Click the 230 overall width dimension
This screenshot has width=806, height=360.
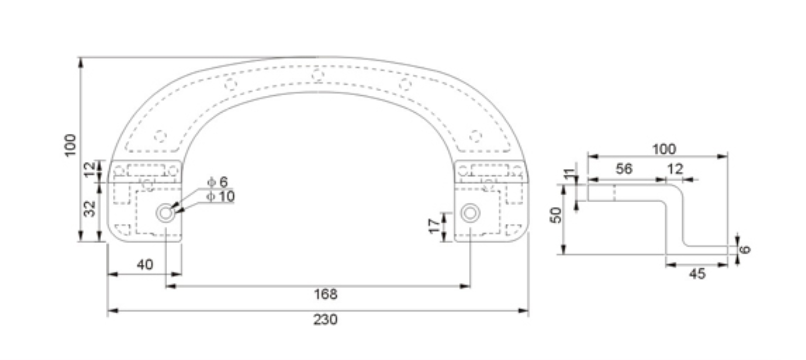pos(325,320)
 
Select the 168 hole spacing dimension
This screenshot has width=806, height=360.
pos(325,294)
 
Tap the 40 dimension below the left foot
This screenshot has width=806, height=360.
pos(144,264)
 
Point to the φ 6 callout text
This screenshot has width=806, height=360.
pos(217,182)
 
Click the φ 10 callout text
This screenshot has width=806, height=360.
pos(220,197)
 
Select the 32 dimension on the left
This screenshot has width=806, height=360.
pos(90,208)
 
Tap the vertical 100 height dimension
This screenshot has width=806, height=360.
pos(70,145)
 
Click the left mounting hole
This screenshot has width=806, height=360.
pos(165,213)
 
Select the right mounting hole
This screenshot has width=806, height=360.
pos(470,213)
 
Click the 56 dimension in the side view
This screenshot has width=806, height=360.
pos(624,169)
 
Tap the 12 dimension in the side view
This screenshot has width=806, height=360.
pos(675,169)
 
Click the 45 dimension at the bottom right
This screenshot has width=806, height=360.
pos(697,274)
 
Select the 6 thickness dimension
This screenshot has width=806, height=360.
pos(745,249)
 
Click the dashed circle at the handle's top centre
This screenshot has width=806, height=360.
pos(318,75)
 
